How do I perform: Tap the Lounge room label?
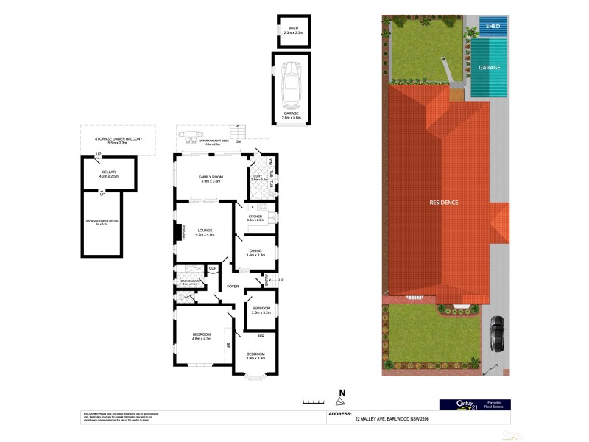205,232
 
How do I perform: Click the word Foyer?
233,286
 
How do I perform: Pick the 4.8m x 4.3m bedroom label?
202,337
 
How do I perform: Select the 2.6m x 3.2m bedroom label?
261,309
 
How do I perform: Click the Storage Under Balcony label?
118,141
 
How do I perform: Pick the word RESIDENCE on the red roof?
445,203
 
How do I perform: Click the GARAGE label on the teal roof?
490,67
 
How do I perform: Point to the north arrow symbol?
340,399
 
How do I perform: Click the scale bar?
313,402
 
